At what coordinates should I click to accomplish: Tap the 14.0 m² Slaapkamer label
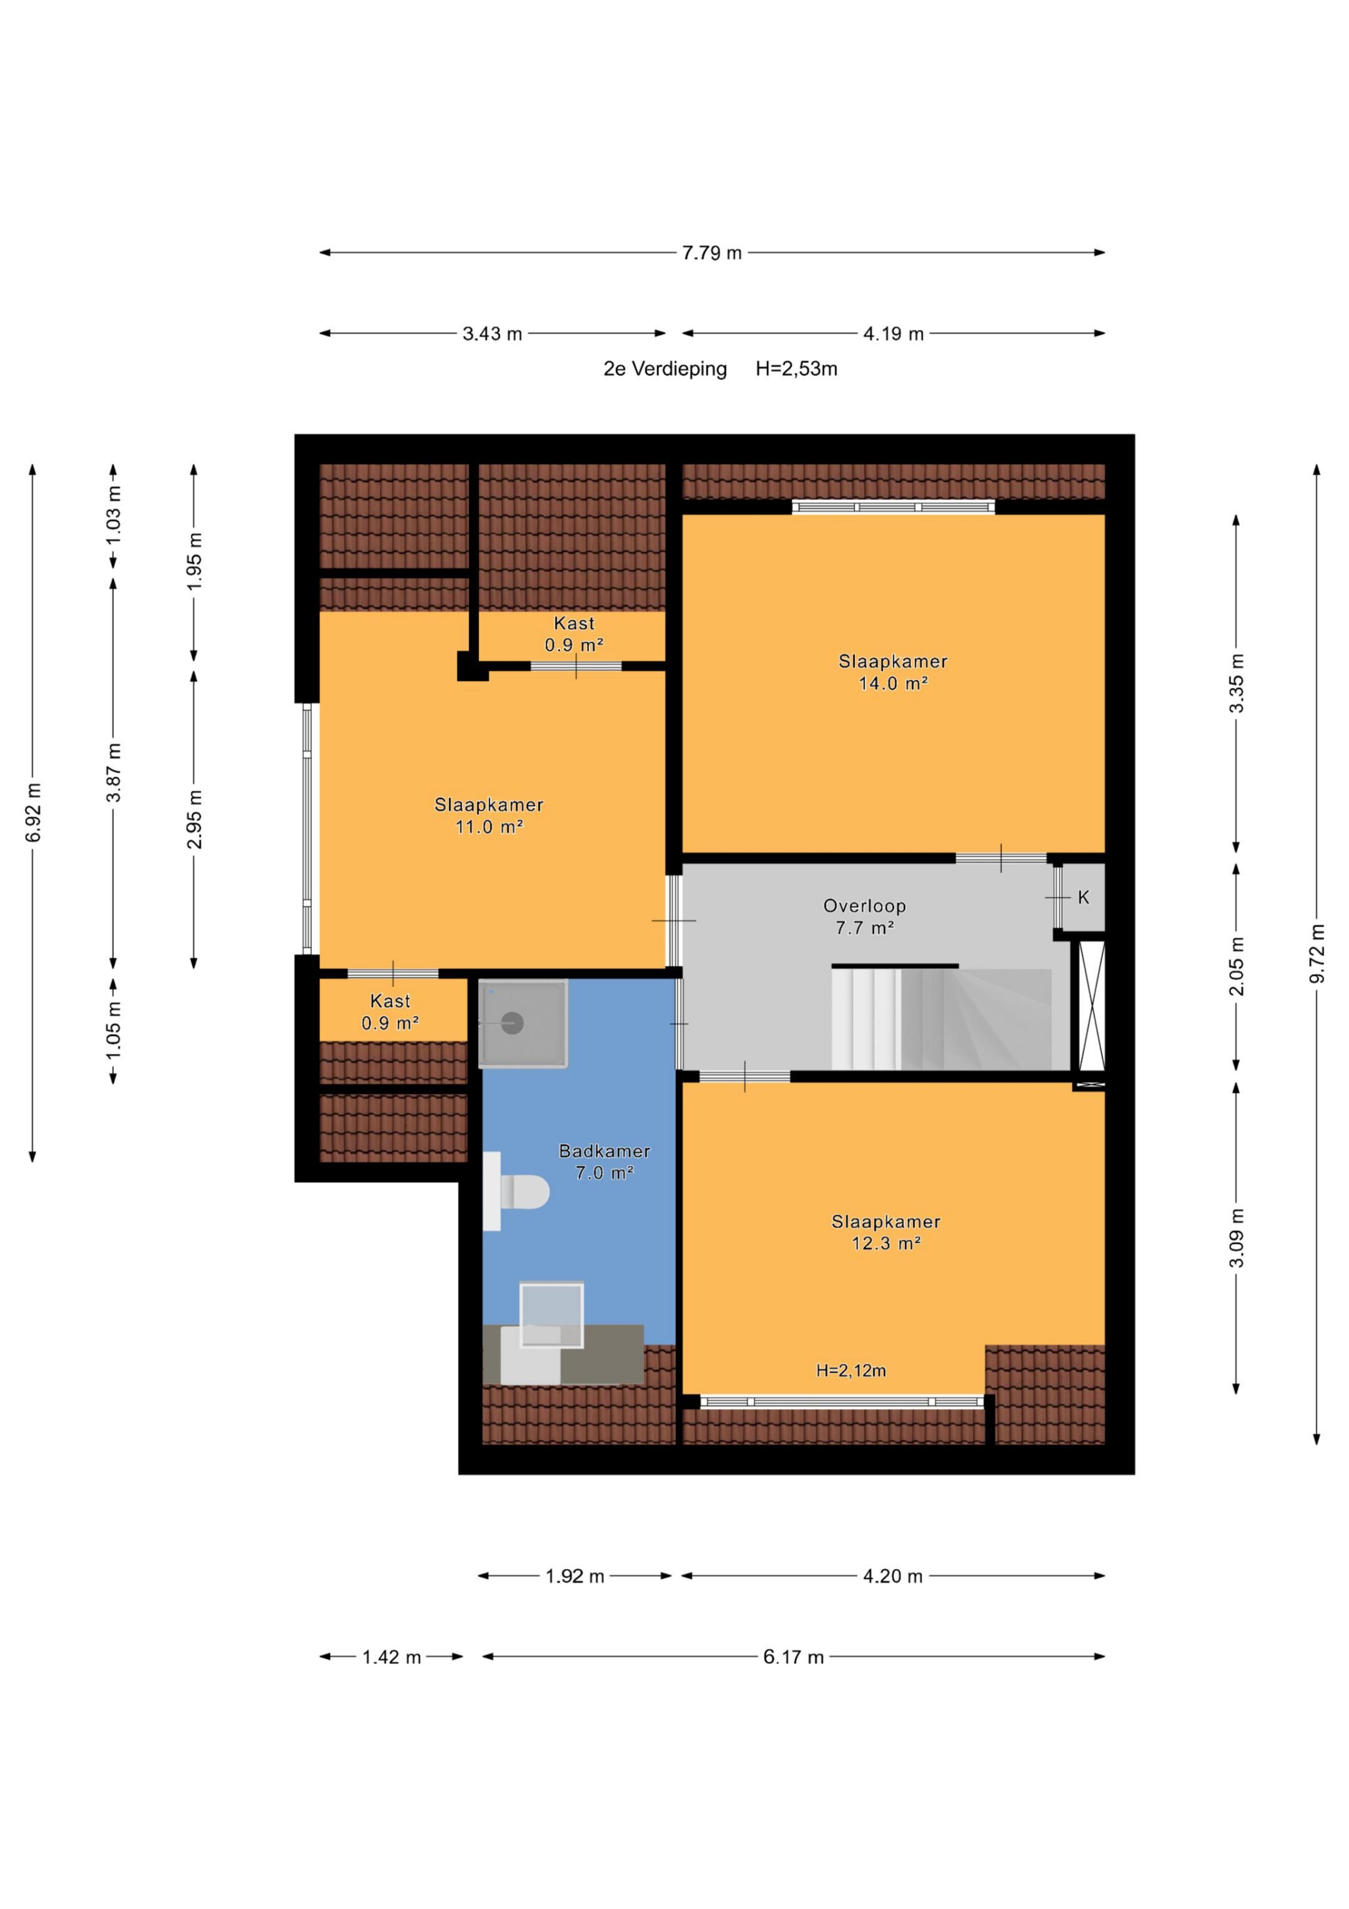pos(892,672)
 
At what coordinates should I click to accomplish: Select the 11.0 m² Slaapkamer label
pos(489,815)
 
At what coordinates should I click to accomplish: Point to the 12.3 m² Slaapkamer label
pos(886,1232)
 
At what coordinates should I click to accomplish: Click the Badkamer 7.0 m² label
pos(605,1162)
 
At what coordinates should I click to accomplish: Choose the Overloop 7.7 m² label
pos(864,916)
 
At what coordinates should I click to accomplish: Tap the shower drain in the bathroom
pos(512,1024)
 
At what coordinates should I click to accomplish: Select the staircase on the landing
pos(942,1018)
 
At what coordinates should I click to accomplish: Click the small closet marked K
pos(1084,898)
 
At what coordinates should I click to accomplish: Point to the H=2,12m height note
pos(851,1371)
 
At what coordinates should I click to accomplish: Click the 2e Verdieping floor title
pos(665,369)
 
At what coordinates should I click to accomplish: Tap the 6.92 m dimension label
pos(33,812)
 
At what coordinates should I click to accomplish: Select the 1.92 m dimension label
pos(575,1577)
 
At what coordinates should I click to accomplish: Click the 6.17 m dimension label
pos(793,1657)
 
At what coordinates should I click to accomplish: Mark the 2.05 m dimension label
pos(1237,966)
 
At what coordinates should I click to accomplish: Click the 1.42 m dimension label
pos(392,1657)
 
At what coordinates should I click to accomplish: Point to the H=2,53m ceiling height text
pos(796,369)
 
